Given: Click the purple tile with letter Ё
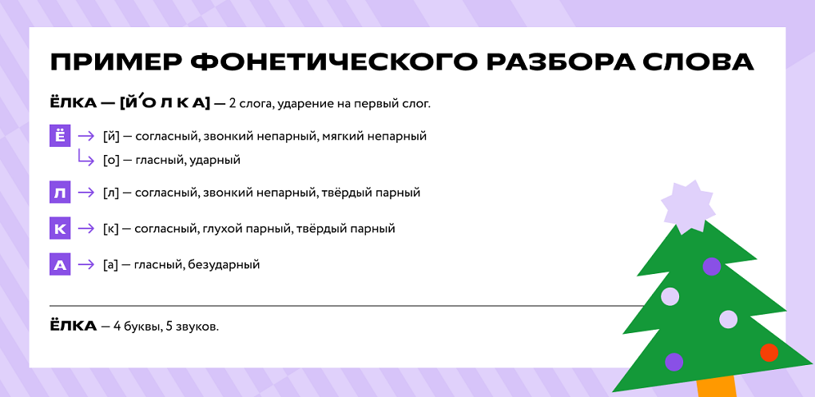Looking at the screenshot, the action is point(60,136).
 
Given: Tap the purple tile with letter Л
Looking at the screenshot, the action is point(60,193).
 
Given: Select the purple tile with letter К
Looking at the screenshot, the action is point(60,228).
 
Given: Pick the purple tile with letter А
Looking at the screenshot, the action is point(60,265).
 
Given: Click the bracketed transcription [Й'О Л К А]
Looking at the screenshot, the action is point(165,103).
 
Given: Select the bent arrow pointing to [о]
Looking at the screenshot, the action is point(85,157).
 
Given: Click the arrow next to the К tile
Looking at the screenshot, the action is point(85,228).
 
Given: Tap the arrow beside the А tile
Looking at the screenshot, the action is point(85,265).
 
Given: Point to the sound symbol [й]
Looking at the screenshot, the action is point(111,136).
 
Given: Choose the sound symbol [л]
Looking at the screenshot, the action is point(111,193).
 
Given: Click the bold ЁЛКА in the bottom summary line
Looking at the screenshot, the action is point(74,327).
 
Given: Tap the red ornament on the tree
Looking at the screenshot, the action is point(769,353).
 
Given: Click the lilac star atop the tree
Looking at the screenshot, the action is point(683,206).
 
